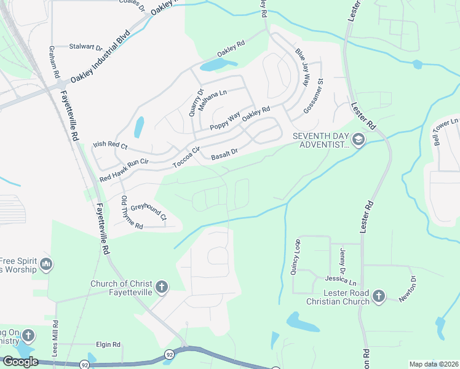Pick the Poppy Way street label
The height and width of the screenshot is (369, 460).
(x=224, y=121)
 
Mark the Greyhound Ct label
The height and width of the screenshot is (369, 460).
(x=148, y=213)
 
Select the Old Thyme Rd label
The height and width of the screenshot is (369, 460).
(x=132, y=213)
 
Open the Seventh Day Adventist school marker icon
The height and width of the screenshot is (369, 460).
(x=358, y=141)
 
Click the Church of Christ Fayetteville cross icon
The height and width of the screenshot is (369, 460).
(x=161, y=287)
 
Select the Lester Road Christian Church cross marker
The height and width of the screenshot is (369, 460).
(x=378, y=297)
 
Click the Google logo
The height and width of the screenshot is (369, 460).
(x=20, y=362)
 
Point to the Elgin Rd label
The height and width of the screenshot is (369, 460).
(x=108, y=345)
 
